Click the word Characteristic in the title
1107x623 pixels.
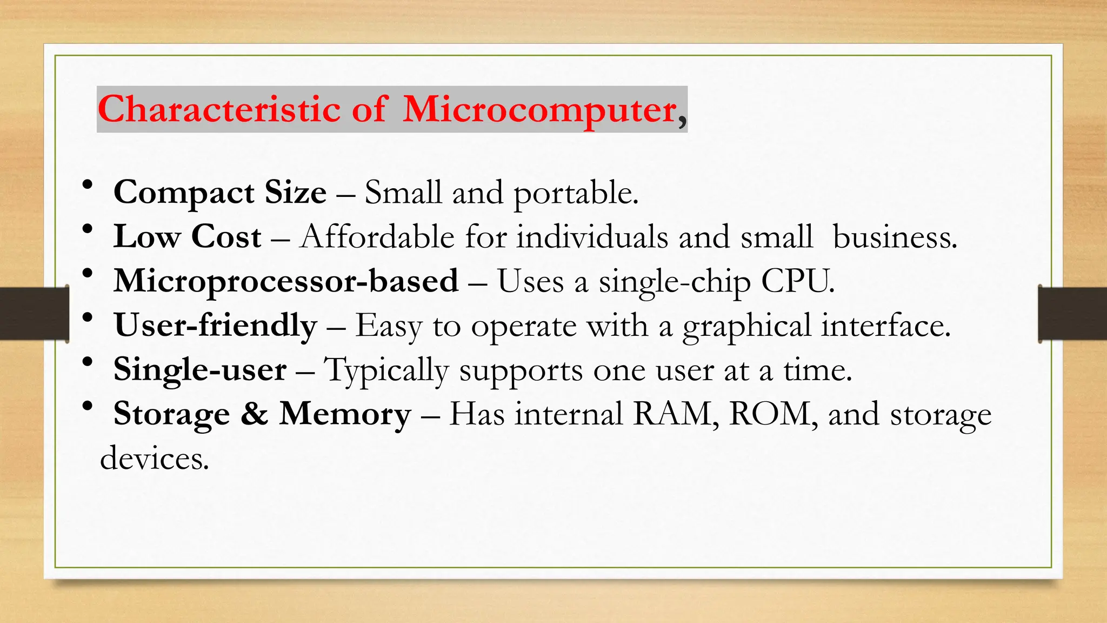tap(219, 109)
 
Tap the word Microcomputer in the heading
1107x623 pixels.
tap(539, 109)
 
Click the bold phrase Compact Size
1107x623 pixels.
tap(220, 193)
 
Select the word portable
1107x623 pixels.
tap(575, 194)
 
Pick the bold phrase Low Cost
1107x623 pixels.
tap(187, 237)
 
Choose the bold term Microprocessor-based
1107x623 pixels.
tap(286, 281)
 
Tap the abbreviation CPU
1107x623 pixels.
tap(797, 281)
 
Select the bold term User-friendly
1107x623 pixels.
tap(216, 326)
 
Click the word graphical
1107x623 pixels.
tap(746, 327)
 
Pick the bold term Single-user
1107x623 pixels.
tap(200, 370)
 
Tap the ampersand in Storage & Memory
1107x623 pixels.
tap(254, 414)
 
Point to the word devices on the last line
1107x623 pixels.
tap(154, 459)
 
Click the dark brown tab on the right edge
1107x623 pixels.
tap(1072, 314)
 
